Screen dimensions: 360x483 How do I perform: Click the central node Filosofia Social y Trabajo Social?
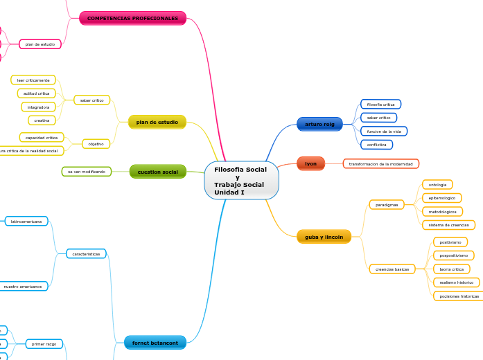point(241,181)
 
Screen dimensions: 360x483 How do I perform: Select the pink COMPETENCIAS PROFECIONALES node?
point(132,18)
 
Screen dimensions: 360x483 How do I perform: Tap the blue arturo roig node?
point(319,124)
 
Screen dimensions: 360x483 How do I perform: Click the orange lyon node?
point(310,163)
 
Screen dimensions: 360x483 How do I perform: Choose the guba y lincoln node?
point(324,237)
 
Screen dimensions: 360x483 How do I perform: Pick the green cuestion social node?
point(157,171)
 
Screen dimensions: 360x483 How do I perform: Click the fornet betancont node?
point(155,343)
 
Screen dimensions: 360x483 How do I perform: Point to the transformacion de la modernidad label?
point(380,164)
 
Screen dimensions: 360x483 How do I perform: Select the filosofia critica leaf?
point(380,105)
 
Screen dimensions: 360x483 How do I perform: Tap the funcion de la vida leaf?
point(384,131)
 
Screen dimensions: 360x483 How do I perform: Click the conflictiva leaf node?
point(376,145)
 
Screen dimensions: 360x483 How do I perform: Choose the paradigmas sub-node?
point(386,205)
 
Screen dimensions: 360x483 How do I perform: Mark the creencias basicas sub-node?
point(392,269)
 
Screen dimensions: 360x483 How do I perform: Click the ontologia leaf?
point(437,185)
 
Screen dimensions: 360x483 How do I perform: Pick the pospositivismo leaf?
point(453,255)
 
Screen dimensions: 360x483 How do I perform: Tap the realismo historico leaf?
point(456,282)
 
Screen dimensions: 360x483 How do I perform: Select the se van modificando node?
point(87,171)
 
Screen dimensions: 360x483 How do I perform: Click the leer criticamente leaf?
point(33,80)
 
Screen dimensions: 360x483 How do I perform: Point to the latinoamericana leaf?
point(26,222)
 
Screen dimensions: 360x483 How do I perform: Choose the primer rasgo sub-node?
point(44,343)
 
